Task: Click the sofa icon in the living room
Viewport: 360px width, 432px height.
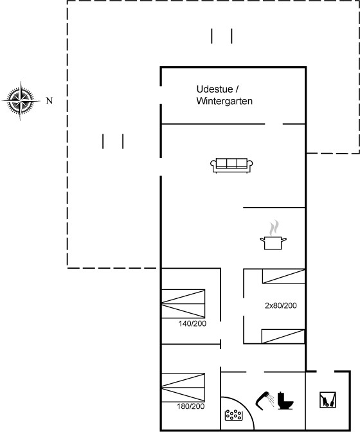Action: point(231,165)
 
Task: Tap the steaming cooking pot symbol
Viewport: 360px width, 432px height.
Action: point(273,235)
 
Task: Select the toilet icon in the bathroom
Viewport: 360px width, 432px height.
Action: point(285,401)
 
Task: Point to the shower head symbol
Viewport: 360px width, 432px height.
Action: point(265,401)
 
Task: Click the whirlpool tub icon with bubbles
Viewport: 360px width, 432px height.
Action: point(234,415)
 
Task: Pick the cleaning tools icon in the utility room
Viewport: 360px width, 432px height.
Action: point(328,400)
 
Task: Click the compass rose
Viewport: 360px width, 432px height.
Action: point(21,101)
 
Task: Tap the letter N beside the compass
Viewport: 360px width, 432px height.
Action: point(50,101)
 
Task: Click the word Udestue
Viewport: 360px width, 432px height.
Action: point(215,89)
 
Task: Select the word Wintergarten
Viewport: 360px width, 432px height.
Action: point(224,101)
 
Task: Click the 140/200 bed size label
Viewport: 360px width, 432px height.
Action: point(192,324)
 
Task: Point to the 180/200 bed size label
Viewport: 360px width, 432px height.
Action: point(190,406)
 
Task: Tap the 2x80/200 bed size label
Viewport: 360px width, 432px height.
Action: point(281,305)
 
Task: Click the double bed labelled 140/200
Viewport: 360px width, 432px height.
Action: point(183,303)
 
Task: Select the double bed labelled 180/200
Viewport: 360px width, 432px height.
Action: point(183,388)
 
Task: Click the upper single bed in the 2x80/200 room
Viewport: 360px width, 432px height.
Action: point(283,276)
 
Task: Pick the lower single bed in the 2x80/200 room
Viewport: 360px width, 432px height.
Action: point(283,336)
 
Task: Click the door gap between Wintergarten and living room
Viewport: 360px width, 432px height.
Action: point(274,124)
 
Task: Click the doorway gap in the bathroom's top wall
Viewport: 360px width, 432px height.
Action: point(255,372)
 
